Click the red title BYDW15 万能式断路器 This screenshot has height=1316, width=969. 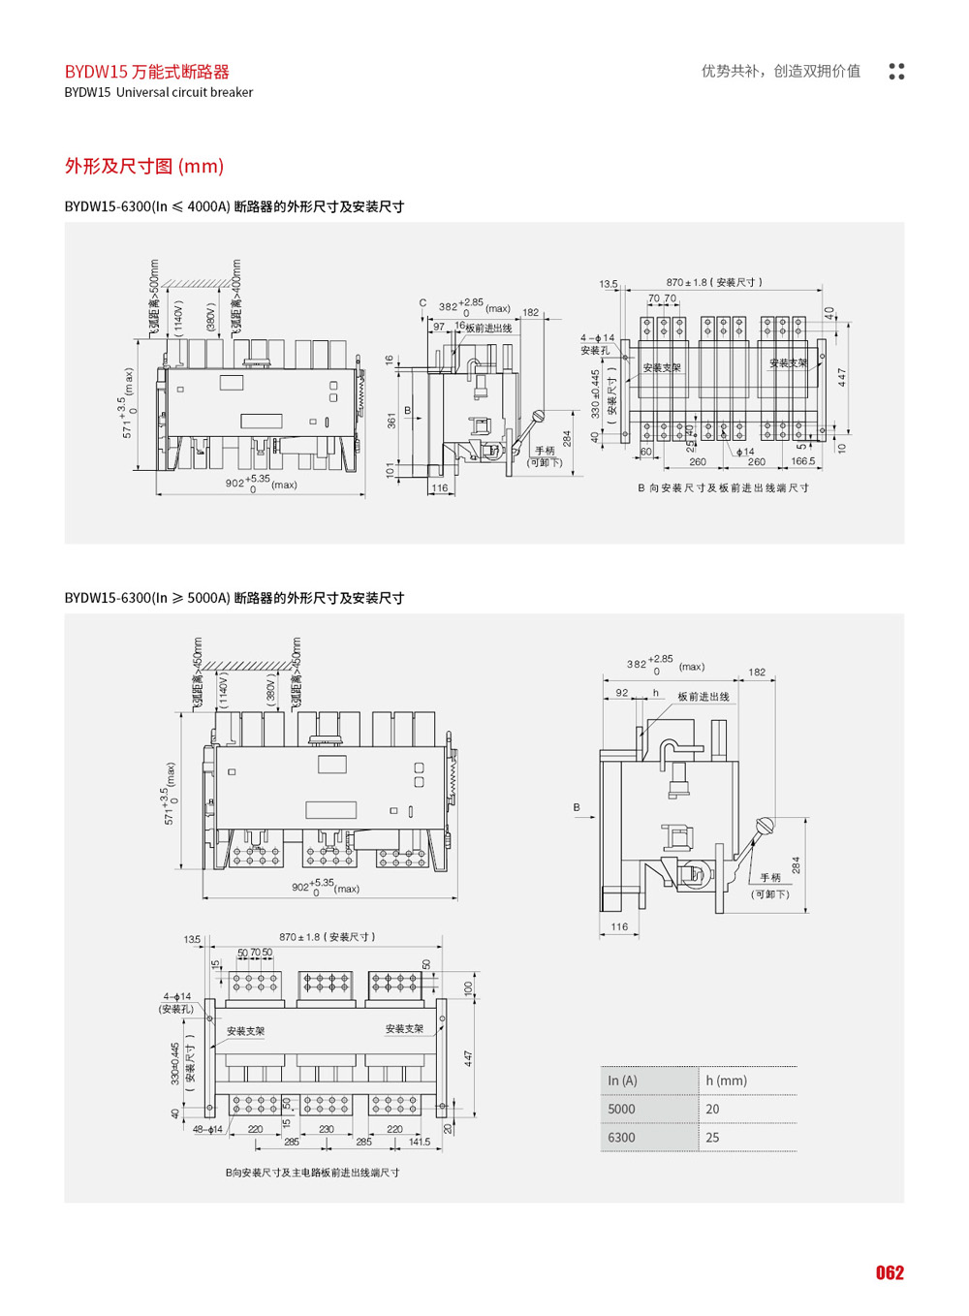(x=147, y=72)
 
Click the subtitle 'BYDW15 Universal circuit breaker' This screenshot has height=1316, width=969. (x=159, y=93)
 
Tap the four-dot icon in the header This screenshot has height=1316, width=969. (x=896, y=72)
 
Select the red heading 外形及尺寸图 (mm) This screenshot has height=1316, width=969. (x=144, y=167)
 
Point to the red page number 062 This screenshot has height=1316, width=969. (x=890, y=1272)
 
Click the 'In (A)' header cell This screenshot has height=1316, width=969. (x=623, y=1081)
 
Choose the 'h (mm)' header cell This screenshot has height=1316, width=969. (x=726, y=1081)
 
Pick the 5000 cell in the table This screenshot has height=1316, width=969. (x=622, y=1109)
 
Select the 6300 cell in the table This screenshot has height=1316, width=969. (x=622, y=1138)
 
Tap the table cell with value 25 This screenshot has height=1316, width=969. (x=713, y=1138)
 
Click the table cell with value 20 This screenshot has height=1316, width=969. (x=713, y=1109)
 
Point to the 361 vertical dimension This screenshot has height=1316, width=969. (x=391, y=421)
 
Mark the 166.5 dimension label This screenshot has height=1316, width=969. (x=803, y=462)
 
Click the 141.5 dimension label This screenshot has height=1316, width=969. (x=420, y=1143)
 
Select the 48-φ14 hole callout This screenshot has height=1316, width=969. (x=208, y=1129)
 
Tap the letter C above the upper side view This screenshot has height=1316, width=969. (x=422, y=303)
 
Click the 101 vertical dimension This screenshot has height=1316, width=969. (x=391, y=471)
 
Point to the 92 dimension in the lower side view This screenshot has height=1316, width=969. (x=622, y=693)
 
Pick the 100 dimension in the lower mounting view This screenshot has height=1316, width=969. (x=468, y=988)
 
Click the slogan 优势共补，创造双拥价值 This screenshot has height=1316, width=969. (x=781, y=71)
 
